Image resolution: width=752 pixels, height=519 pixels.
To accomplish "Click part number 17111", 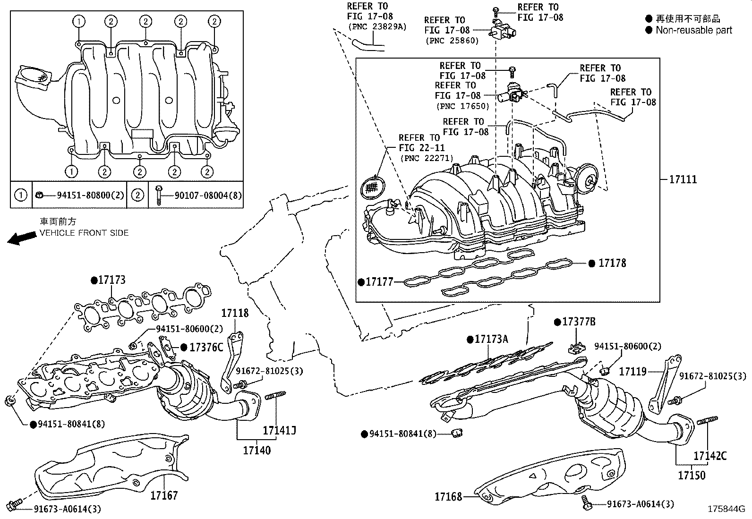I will (683, 179).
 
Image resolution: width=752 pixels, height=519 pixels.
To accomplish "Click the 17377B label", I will (578, 322).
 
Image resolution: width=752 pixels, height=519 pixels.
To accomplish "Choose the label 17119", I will (632, 371).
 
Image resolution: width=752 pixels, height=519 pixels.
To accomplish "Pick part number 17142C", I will (710, 456).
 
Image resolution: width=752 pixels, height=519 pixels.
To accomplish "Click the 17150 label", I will (692, 475).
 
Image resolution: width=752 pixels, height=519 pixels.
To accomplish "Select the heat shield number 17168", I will (449, 496).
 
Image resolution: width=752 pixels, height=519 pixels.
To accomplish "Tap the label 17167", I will (164, 495).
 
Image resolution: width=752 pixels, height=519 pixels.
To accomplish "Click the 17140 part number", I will (257, 450).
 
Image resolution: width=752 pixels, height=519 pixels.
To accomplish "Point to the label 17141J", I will (279, 430).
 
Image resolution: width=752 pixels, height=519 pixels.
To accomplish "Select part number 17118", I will (235, 313).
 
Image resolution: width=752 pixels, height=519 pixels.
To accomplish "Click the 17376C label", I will (206, 348).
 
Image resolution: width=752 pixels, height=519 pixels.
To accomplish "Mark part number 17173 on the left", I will (111, 280).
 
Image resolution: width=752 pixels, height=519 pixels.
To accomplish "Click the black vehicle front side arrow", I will (21, 238).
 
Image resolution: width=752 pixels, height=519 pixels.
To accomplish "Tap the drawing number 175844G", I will (726, 509).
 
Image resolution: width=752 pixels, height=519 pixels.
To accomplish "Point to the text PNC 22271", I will (427, 158).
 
